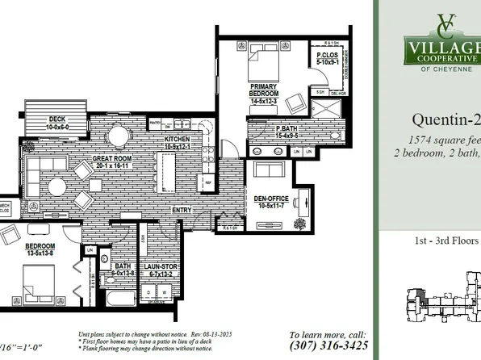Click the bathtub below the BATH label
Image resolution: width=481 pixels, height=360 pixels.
click(x=119, y=299)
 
